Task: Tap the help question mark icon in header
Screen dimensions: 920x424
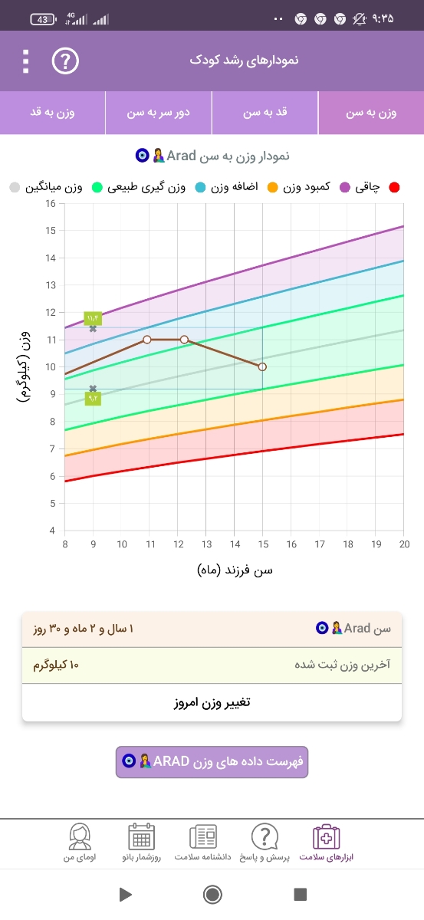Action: (x=65, y=61)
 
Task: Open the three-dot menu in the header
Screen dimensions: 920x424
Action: (x=26, y=61)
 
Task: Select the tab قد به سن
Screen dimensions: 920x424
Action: (x=265, y=113)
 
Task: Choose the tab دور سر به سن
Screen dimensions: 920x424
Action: (x=159, y=113)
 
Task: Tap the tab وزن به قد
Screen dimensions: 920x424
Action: (x=52, y=113)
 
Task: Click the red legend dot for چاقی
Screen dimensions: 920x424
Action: (x=395, y=187)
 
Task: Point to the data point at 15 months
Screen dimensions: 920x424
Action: (x=262, y=367)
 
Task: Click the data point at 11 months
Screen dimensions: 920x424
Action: (x=146, y=339)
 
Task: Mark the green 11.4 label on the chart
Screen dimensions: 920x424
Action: (x=93, y=318)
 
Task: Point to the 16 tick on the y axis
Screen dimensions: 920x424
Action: (x=51, y=203)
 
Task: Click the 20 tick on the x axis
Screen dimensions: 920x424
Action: (x=404, y=544)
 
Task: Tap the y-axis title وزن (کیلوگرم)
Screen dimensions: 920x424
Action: (x=25, y=366)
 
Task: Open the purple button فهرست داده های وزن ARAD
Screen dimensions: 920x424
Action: (x=212, y=761)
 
